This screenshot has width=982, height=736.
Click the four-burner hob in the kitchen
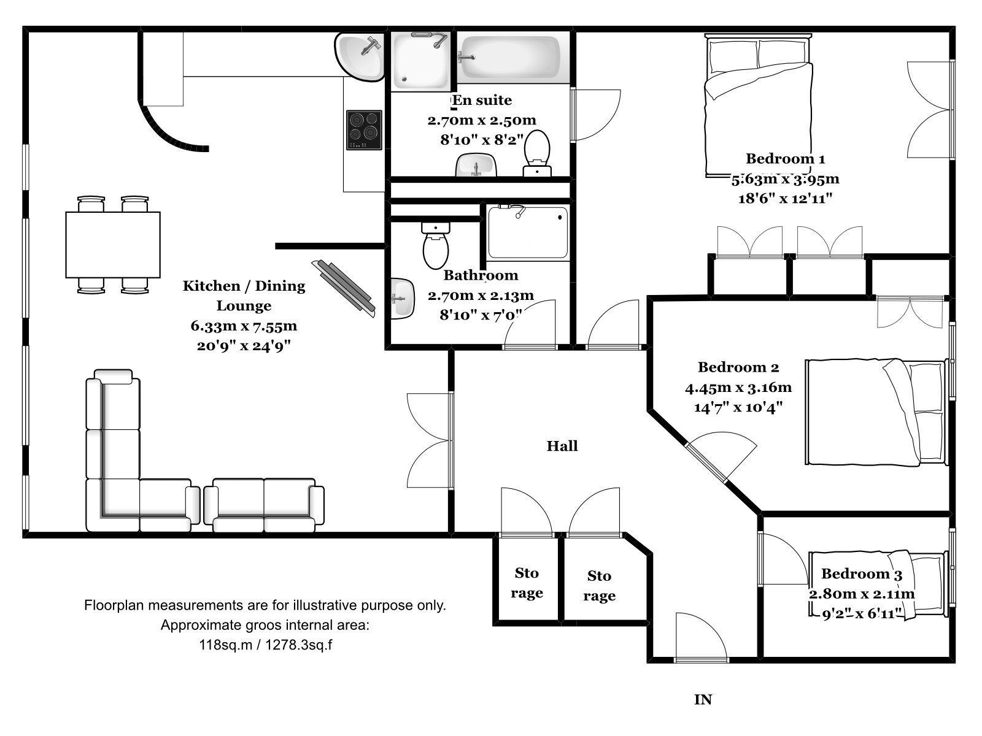(x=364, y=129)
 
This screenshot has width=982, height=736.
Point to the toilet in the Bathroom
(x=435, y=246)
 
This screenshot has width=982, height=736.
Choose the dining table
(x=113, y=245)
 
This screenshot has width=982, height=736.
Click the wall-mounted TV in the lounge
(x=344, y=289)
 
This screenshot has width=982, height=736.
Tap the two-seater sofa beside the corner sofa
(x=264, y=505)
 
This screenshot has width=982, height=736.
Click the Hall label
(x=562, y=446)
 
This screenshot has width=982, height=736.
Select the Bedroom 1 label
(x=785, y=159)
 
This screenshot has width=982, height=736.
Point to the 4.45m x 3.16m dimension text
(x=738, y=388)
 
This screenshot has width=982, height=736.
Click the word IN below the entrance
(x=703, y=700)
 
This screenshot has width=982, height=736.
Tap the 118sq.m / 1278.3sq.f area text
(x=265, y=645)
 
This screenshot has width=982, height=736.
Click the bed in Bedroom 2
(x=876, y=412)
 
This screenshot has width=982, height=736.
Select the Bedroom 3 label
(x=862, y=574)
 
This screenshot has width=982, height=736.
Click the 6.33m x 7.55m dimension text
(x=244, y=326)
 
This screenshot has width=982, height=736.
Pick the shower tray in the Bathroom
(x=528, y=232)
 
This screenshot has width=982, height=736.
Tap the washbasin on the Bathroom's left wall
(x=403, y=299)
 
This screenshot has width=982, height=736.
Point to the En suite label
(x=482, y=100)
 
